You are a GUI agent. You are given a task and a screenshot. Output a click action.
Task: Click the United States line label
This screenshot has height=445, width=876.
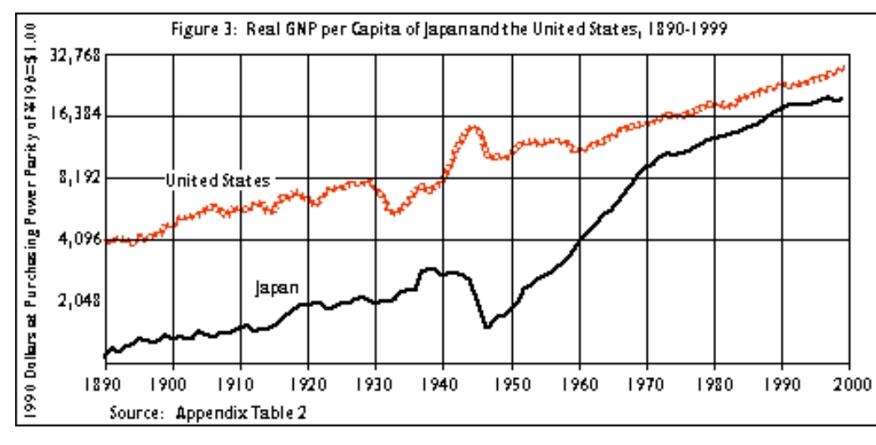point(218,180)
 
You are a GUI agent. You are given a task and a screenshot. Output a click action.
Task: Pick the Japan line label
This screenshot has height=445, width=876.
point(277,288)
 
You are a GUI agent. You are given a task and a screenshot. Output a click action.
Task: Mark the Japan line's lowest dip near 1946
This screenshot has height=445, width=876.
point(486,326)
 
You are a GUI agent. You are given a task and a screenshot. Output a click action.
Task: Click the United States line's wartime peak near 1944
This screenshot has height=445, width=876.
point(474,127)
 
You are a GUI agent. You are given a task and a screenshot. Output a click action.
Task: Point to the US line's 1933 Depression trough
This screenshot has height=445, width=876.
point(394,212)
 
